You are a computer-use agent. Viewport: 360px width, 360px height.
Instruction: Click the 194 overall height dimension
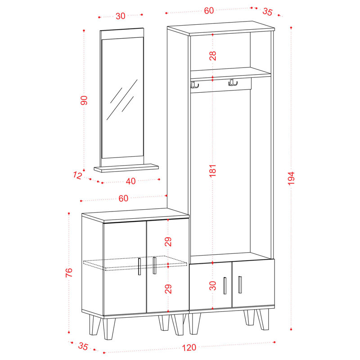pos(291,178)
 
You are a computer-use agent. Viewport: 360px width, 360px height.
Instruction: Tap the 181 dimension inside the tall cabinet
pos(213,171)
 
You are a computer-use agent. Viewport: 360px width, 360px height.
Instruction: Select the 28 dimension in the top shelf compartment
pos(213,56)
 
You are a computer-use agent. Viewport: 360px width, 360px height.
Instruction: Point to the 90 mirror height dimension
pos(84,100)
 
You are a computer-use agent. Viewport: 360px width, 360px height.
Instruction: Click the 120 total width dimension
pos(189,347)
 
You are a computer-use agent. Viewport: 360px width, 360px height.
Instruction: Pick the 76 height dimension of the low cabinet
pos(69,273)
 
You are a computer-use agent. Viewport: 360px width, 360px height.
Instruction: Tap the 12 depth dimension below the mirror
pos(77,175)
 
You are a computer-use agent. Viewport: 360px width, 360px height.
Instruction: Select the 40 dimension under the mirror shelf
pos(130,181)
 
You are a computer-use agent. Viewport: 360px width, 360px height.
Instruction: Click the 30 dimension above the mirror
pos(121,16)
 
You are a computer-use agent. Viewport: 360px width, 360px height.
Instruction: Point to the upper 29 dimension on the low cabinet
pos(168,242)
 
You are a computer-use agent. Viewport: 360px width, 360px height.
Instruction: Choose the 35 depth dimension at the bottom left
pos(83,346)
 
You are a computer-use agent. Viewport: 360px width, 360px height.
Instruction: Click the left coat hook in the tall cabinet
pos(194,84)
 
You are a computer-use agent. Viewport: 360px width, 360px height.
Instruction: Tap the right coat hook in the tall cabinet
pos(233,83)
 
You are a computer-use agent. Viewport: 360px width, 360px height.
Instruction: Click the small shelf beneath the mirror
pos(126,168)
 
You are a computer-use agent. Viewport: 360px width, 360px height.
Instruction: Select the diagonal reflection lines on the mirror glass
pos(122,99)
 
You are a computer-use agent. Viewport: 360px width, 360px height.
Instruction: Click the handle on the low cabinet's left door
pos(139,266)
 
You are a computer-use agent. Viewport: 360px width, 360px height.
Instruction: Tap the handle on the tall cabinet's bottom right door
pos(240,285)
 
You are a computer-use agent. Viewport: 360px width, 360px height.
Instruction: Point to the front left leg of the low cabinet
pos(109,329)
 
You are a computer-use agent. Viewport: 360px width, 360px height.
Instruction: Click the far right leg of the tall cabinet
pos(263,319)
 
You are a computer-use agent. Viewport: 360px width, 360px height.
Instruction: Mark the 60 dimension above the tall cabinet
pos(209,11)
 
